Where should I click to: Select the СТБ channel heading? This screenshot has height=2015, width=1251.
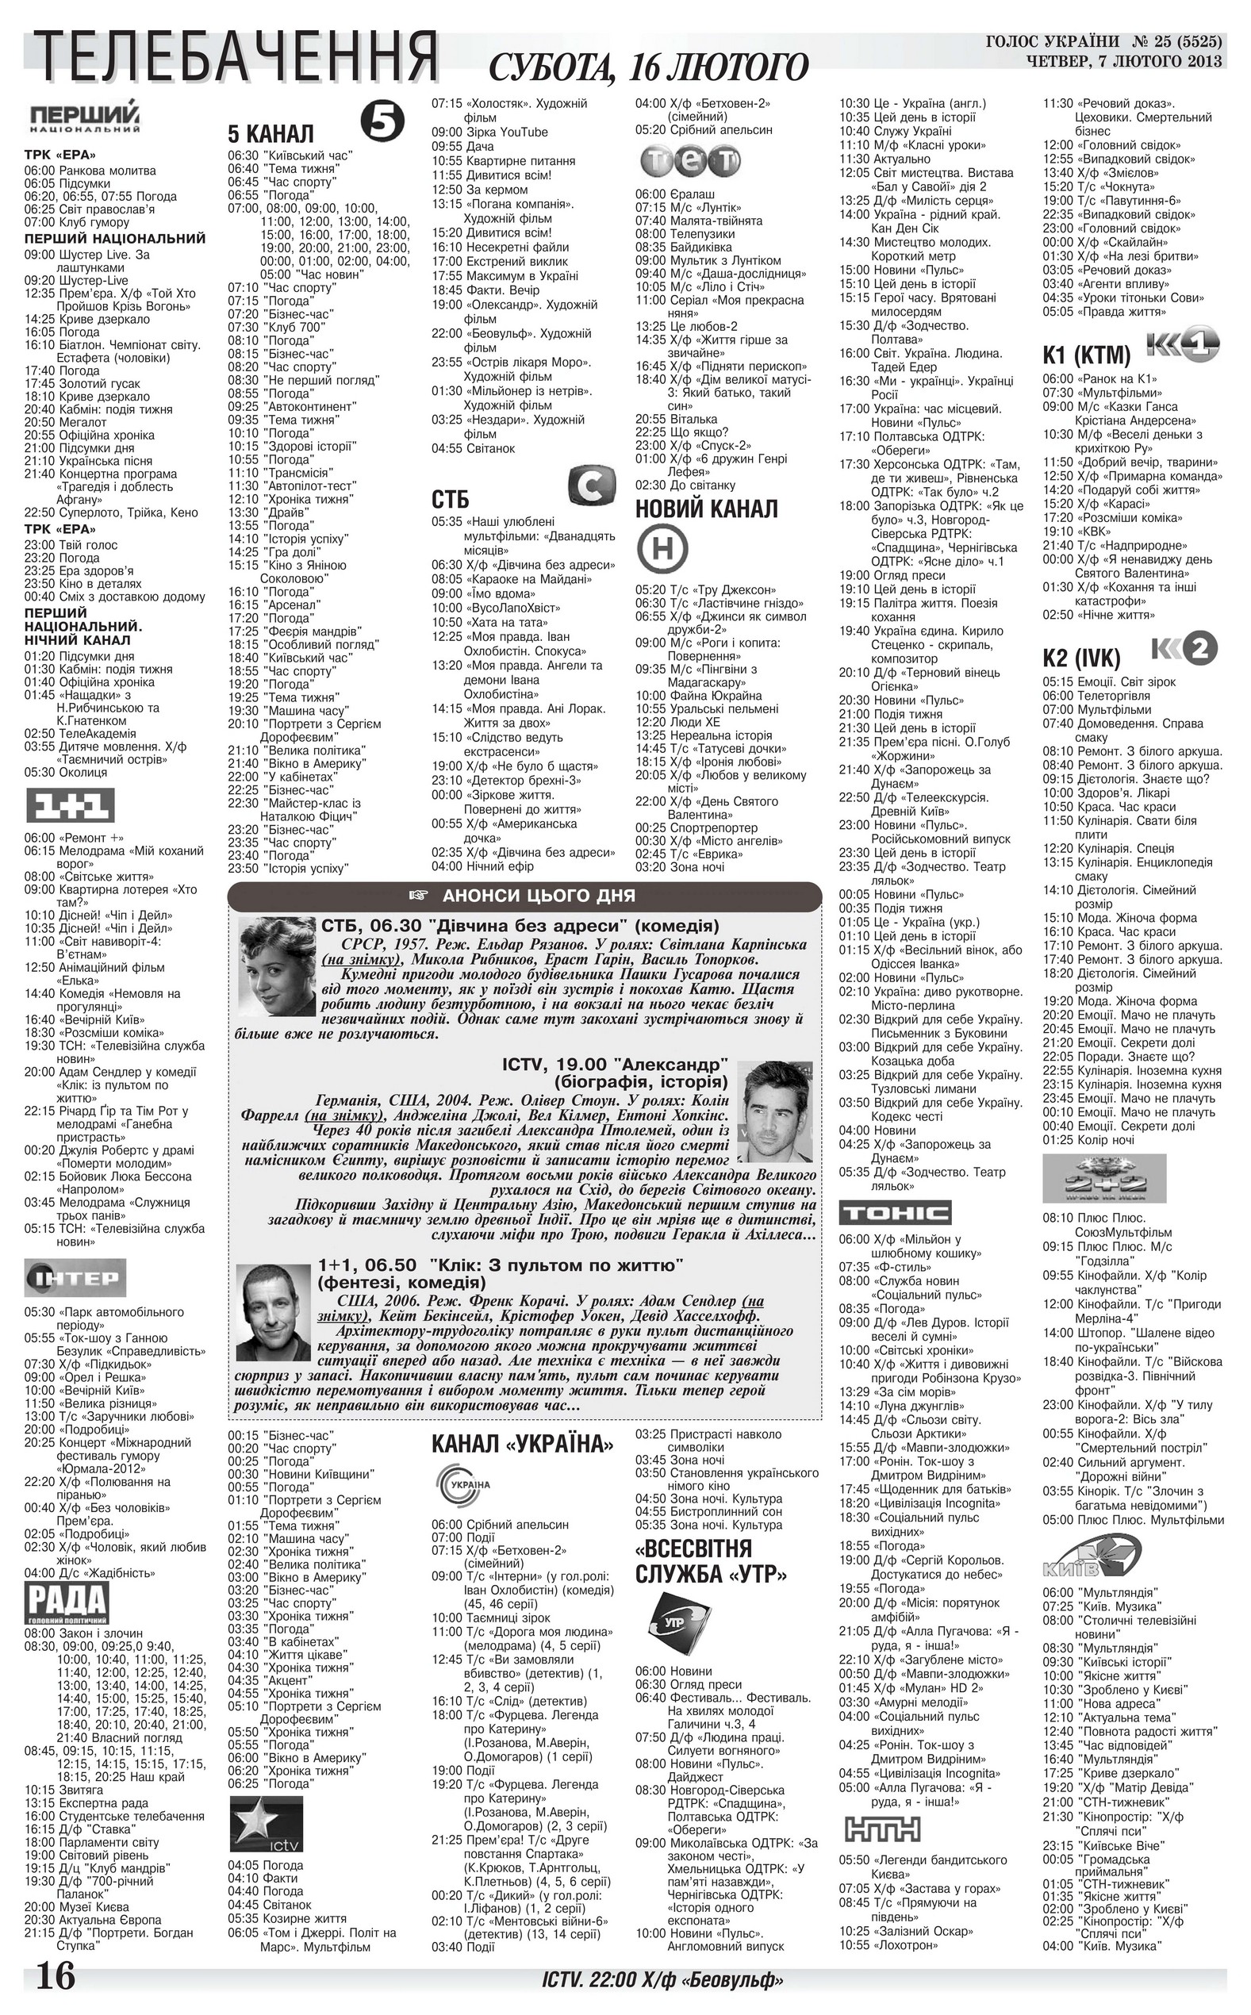point(450,499)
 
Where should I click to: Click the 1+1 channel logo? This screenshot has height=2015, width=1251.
point(70,806)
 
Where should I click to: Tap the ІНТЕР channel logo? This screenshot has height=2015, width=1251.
point(75,1279)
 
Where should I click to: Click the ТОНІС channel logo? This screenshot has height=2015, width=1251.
point(896,1213)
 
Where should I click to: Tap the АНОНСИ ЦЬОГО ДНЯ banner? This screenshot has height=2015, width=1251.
point(524,896)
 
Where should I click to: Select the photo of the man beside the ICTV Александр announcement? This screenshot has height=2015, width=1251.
point(774,1110)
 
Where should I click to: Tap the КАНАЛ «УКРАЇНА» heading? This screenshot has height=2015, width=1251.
point(523,1445)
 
